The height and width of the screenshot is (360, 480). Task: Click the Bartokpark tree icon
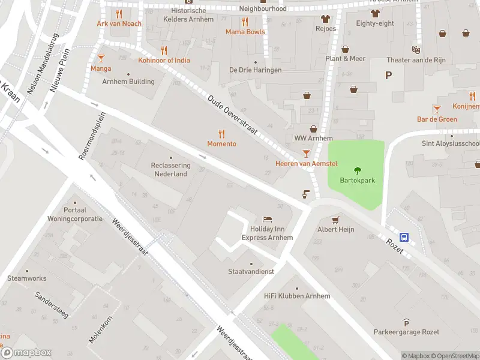(x=358, y=170)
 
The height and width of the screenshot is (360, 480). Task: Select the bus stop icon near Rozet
(x=404, y=237)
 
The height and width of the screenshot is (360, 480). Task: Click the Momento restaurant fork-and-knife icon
(x=221, y=134)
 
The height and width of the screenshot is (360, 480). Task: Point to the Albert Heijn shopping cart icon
(x=336, y=220)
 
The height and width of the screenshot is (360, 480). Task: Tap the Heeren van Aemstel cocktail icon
(x=307, y=154)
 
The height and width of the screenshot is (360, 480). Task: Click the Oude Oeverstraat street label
(x=233, y=115)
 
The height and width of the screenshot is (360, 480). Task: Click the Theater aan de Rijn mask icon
(x=414, y=49)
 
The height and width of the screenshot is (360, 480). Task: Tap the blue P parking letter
(x=389, y=75)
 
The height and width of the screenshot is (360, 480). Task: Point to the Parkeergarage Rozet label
(x=406, y=332)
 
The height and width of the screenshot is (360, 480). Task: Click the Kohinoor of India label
(x=164, y=61)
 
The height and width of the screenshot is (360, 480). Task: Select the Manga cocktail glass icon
(x=101, y=58)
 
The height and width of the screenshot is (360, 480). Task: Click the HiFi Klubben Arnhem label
(x=297, y=296)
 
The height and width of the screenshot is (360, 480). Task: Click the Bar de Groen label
(x=437, y=119)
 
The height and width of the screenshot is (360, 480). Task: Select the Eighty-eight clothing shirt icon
(x=375, y=13)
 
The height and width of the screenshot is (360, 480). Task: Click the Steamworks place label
(x=26, y=278)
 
